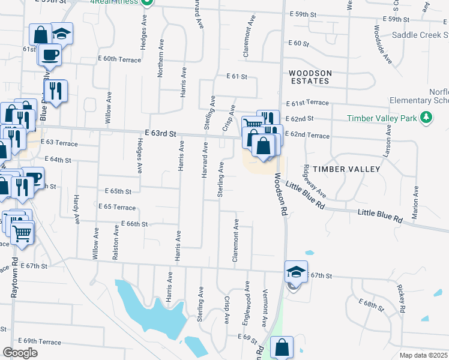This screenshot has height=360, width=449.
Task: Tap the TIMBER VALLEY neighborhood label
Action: coord(351,169)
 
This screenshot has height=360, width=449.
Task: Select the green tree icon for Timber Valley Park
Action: coord(426,118)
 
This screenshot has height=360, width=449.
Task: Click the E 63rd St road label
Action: coord(160,134)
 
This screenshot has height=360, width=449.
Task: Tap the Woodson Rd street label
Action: coord(280,195)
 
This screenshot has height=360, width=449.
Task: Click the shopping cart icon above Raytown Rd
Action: coord(22,232)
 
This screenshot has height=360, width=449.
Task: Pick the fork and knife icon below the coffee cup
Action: coord(55,91)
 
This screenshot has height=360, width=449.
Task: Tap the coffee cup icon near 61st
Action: coord(50,55)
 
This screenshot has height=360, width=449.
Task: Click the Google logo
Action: coord(20,353)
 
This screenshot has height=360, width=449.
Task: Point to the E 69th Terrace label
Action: coord(40,341)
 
